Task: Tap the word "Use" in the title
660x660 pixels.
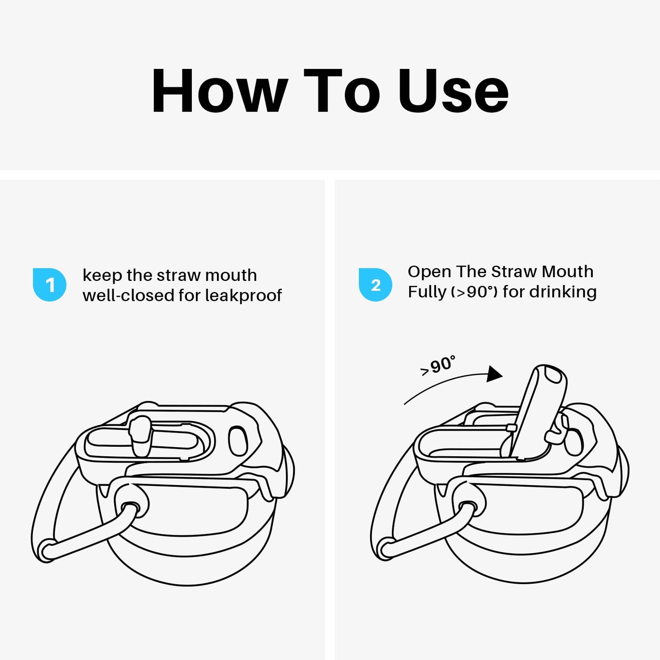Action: tap(453, 91)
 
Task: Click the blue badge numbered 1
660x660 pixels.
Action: tap(50, 285)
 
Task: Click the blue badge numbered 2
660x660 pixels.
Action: tap(375, 285)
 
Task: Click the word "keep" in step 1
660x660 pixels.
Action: tap(102, 276)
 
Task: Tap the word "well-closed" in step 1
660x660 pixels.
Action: tap(128, 295)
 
